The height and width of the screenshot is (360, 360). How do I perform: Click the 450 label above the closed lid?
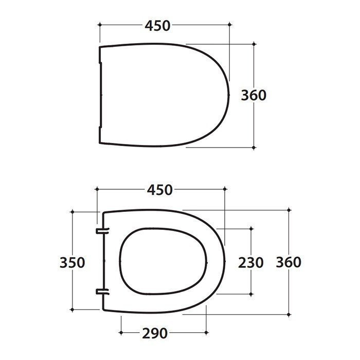pos(157,25)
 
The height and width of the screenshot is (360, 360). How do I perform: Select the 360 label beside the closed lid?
pos(254,95)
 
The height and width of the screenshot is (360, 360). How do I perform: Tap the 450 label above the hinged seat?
pos(159,190)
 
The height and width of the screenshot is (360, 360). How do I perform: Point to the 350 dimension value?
pos(72,262)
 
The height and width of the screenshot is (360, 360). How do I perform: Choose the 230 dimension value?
pos(251,262)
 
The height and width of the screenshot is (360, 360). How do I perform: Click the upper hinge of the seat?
pos(101,229)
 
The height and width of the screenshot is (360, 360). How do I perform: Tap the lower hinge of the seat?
pos(101,293)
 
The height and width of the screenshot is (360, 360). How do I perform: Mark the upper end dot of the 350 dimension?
pos(73,211)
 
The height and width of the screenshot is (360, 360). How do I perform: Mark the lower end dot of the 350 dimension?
pos(73,310)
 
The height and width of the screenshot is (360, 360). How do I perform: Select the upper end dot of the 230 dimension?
pos(251,227)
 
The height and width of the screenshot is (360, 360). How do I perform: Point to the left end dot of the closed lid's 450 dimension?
pos(99,25)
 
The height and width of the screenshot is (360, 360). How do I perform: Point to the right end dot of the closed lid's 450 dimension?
pos(228,25)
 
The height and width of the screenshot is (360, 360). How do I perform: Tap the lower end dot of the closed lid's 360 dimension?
pos(254,147)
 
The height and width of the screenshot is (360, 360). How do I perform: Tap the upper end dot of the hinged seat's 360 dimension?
pos(289,210)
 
